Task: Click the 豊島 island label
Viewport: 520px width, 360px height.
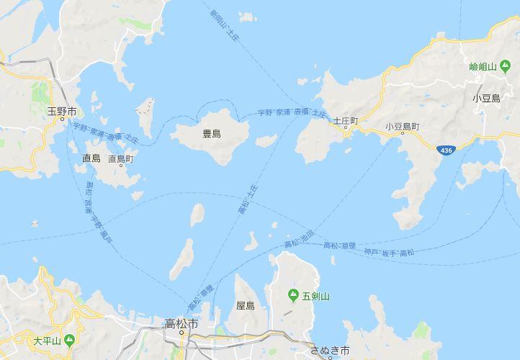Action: [x=212, y=134]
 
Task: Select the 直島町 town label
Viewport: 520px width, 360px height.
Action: [x=121, y=158]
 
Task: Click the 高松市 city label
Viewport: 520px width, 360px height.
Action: [x=181, y=323]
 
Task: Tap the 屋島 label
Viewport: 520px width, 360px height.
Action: [x=246, y=306]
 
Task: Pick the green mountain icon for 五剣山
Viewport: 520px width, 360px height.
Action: [x=293, y=294]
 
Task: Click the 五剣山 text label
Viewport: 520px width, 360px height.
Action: [x=315, y=295]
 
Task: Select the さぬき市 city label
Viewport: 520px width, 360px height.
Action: [x=329, y=351]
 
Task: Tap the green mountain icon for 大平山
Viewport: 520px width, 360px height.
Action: [x=68, y=339]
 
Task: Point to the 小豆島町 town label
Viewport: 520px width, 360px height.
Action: [x=402, y=126]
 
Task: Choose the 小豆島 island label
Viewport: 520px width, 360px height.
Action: [x=486, y=98]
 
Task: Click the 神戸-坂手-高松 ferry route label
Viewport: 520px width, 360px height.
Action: [x=390, y=253]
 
